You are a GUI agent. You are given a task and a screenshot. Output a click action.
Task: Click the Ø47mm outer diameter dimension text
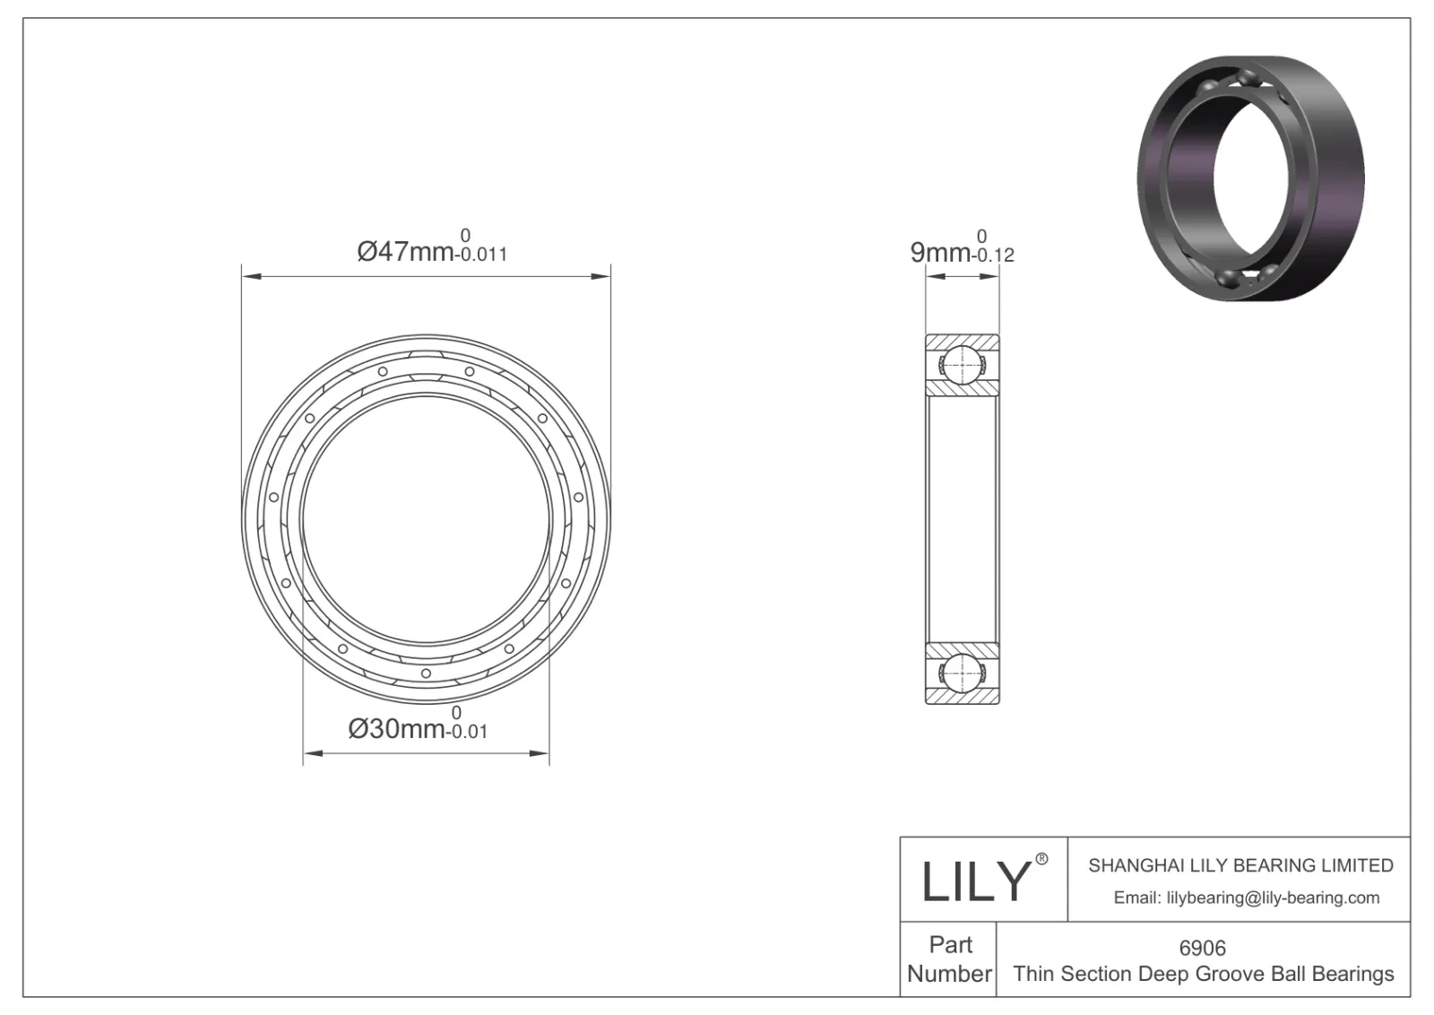pyautogui.click(x=405, y=252)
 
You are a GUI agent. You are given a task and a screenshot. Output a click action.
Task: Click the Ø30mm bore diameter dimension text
pyautogui.click(x=396, y=729)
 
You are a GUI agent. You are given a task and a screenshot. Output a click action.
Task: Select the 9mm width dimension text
pyautogui.click(x=939, y=253)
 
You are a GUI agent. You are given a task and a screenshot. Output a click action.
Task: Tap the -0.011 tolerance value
pyautogui.click(x=481, y=256)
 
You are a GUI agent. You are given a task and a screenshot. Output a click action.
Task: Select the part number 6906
pyautogui.click(x=1202, y=948)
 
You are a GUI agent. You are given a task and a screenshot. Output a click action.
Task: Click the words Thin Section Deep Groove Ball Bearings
pyautogui.click(x=1203, y=974)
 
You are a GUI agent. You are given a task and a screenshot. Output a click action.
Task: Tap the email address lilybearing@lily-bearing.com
pyautogui.click(x=1246, y=898)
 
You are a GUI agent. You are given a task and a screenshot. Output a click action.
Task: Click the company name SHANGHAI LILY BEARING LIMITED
pyautogui.click(x=1240, y=865)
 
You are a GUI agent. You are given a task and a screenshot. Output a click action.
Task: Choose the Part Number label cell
pyautogui.click(x=949, y=959)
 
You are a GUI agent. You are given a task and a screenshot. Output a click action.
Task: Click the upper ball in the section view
pyautogui.click(x=961, y=364)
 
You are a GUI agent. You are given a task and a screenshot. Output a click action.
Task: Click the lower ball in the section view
pyautogui.click(x=961, y=672)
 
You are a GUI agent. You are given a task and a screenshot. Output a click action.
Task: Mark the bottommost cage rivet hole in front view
pyautogui.click(x=426, y=673)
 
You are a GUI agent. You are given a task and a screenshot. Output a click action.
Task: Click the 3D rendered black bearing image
pyautogui.click(x=1251, y=178)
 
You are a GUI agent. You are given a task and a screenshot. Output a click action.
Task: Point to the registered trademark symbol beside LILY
pyautogui.click(x=1041, y=859)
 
